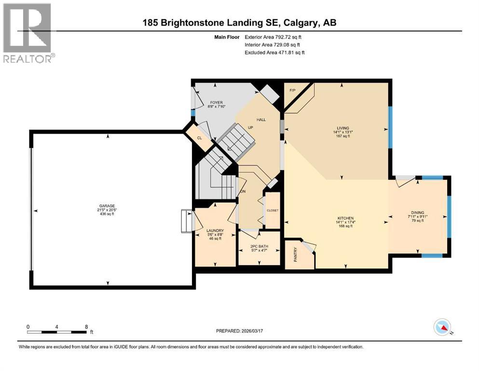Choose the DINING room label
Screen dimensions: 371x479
point(417,212)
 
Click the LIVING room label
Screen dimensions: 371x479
point(343,128)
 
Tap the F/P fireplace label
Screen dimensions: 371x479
point(292,90)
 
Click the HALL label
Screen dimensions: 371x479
point(261,119)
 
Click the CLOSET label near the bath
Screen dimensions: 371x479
point(273,210)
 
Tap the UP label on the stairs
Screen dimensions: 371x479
point(250,128)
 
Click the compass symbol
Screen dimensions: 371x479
point(442,328)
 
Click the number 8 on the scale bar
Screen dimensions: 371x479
point(86,327)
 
